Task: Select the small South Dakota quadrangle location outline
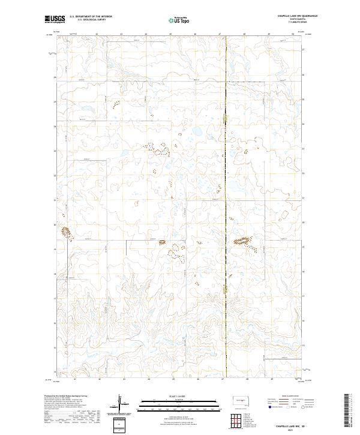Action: click(241, 401)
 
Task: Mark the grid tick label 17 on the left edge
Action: click(55, 298)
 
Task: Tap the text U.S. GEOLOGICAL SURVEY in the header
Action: click(87, 20)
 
